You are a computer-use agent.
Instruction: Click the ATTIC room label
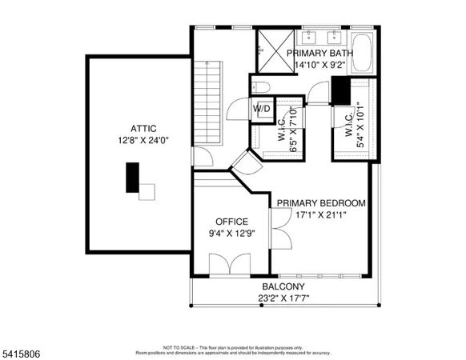(143, 128)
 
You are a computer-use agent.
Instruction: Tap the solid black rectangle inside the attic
(131, 177)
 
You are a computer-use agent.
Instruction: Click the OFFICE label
(231, 222)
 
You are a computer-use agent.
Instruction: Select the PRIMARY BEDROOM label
(321, 203)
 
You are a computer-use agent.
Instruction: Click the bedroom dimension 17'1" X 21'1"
(321, 215)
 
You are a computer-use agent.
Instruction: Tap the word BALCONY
(283, 286)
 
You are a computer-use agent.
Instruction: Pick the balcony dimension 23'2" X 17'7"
(283, 298)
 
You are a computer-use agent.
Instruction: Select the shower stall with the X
(275, 50)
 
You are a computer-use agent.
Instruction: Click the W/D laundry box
(262, 108)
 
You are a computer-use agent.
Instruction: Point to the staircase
(210, 104)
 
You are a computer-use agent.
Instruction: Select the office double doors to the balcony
(226, 264)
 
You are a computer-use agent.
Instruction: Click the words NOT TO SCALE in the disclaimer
(177, 348)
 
